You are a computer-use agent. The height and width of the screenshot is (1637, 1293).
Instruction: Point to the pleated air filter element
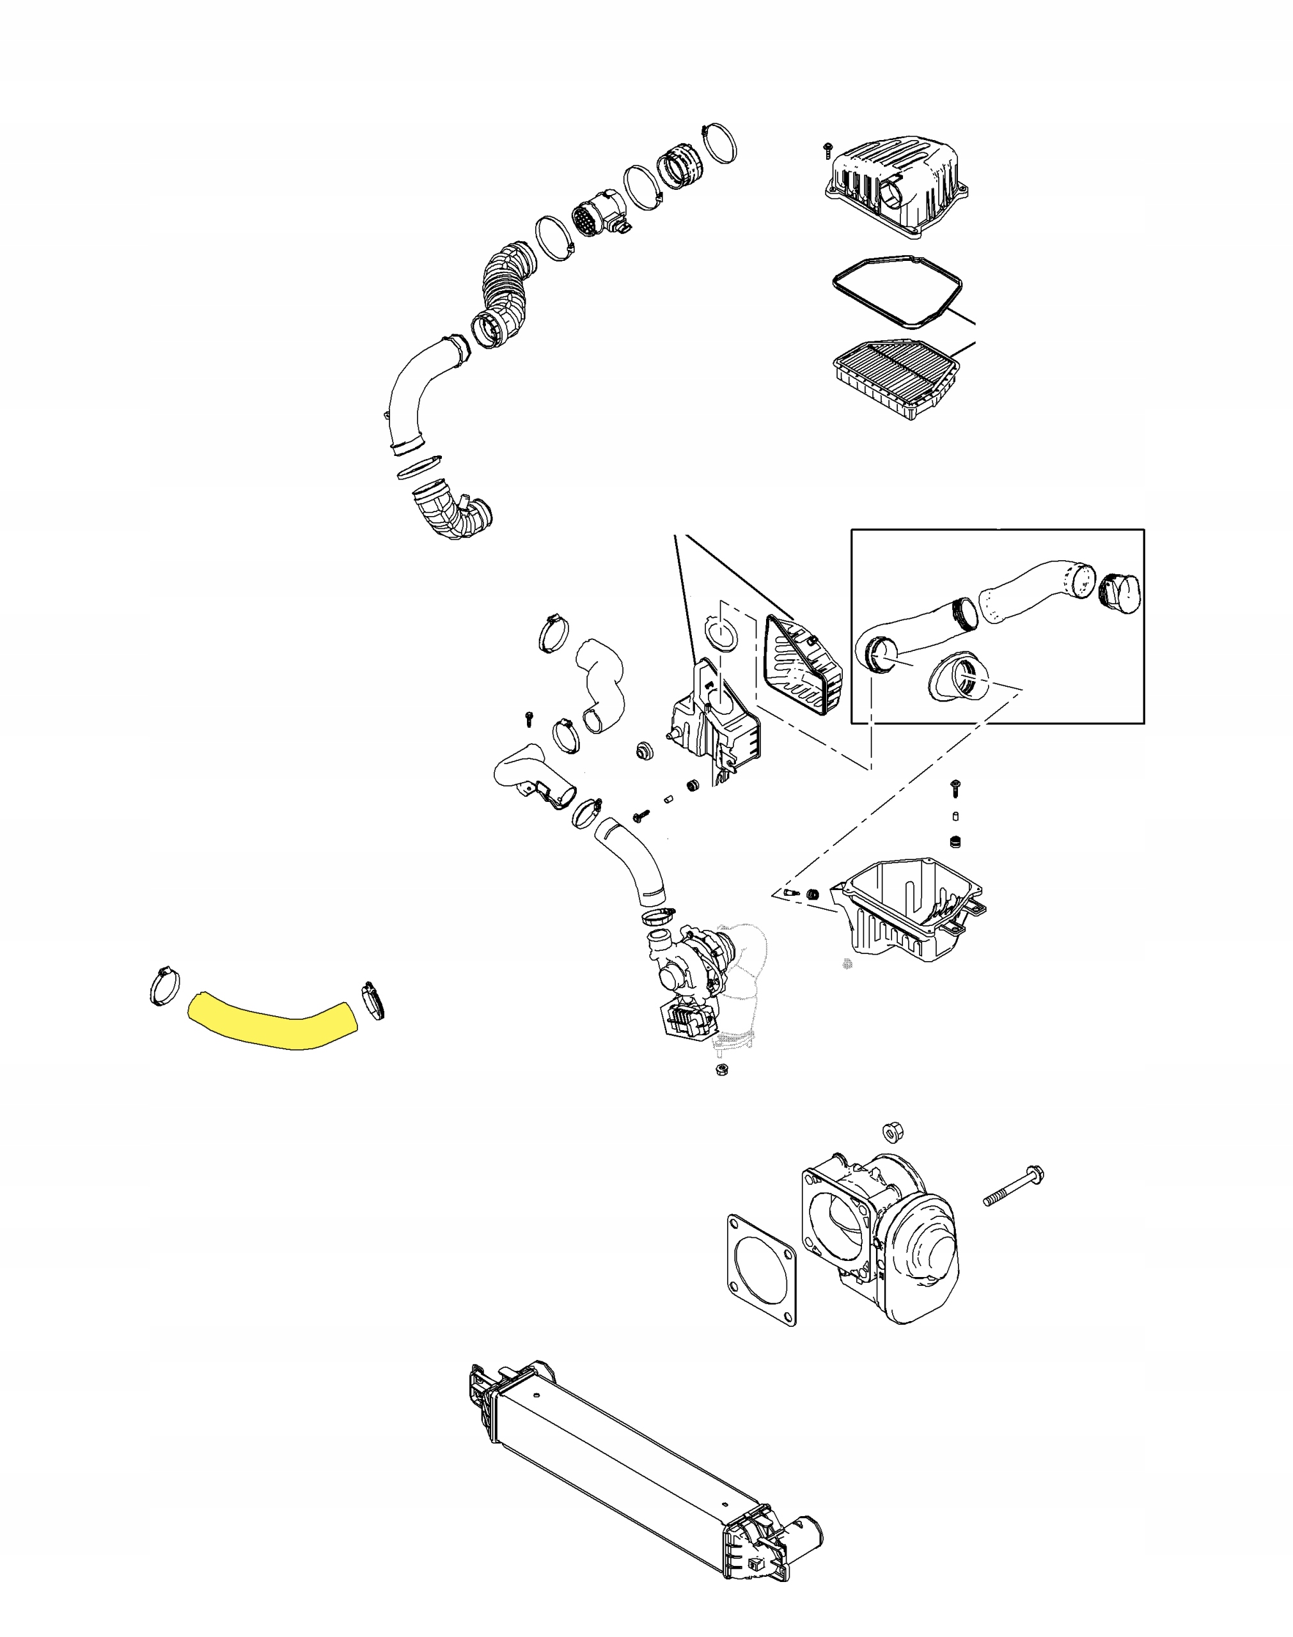(x=897, y=378)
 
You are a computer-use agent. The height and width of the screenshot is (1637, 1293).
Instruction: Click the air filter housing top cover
(x=897, y=185)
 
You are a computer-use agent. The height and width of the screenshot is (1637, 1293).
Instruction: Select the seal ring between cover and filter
(x=897, y=292)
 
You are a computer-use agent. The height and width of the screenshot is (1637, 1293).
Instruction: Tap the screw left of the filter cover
(x=827, y=149)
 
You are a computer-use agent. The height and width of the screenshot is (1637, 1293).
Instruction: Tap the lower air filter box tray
(x=913, y=915)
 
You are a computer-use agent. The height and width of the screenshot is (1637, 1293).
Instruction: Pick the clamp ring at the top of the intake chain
(x=719, y=143)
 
